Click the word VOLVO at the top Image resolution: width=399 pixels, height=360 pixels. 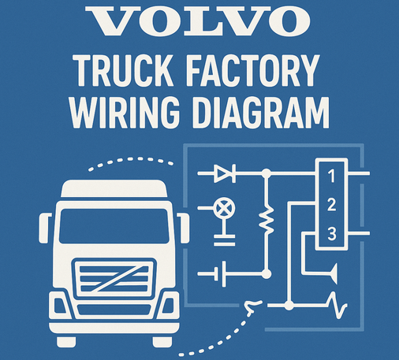[x=198, y=20]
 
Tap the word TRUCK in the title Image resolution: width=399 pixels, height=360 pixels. [x=123, y=70]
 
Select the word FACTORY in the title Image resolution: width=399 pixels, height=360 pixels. [x=253, y=70]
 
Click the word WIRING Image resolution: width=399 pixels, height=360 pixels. [x=125, y=113]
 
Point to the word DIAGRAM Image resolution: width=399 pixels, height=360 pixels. [x=261, y=113]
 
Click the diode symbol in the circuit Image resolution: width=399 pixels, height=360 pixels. [x=225, y=173]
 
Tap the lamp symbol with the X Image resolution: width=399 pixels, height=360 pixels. [x=224, y=208]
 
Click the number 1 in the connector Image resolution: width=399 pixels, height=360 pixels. [x=332, y=176]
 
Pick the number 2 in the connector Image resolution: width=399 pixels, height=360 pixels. [x=332, y=205]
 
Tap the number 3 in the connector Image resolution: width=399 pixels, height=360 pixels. [x=332, y=234]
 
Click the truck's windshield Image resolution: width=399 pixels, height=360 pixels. [x=114, y=226]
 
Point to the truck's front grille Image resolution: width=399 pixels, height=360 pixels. [x=114, y=278]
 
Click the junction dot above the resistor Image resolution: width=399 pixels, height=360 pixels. [x=267, y=173]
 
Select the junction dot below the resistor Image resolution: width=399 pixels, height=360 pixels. [x=267, y=274]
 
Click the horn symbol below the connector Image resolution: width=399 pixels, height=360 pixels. [x=333, y=274]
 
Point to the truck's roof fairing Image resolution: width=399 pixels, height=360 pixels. [x=114, y=188]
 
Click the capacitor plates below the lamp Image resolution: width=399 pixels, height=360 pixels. [x=224, y=240]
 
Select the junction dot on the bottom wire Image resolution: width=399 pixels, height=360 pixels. [x=289, y=306]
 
